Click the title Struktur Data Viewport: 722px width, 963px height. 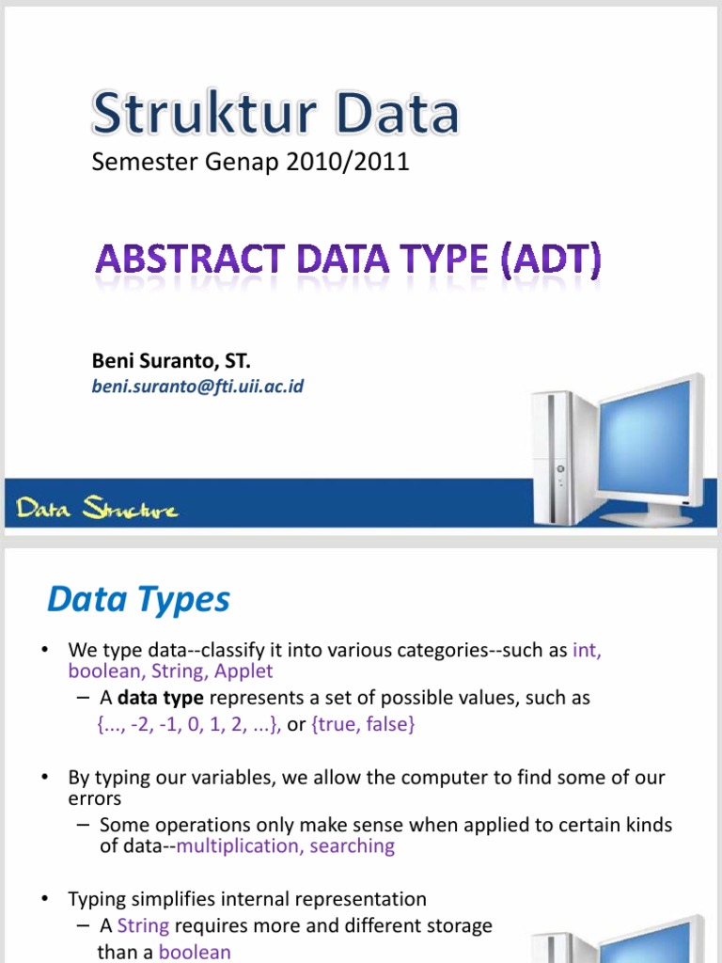[275, 114]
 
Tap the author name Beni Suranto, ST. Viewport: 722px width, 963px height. [171, 360]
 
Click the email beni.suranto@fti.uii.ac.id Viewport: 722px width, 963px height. [197, 386]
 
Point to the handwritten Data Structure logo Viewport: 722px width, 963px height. [97, 510]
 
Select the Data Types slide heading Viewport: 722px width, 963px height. [139, 598]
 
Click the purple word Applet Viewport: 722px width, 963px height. [243, 671]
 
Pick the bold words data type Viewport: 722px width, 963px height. [161, 699]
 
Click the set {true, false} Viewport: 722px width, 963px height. [363, 725]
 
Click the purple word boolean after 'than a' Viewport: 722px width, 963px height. [195, 952]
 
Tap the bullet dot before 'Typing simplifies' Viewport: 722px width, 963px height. [45, 900]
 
